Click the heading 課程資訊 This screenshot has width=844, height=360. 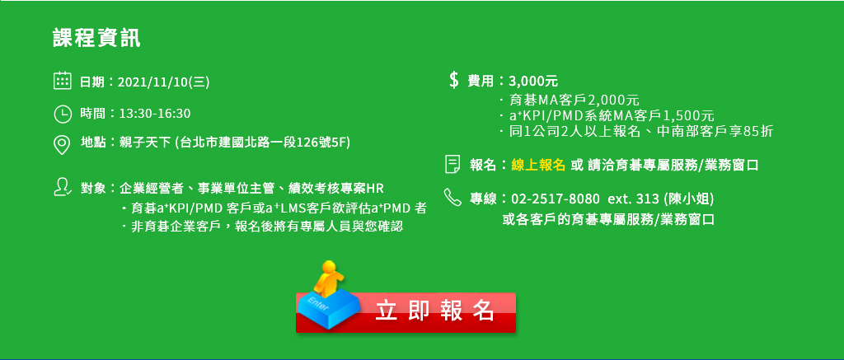[x=97, y=39]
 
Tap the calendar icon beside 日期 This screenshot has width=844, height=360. [x=63, y=81]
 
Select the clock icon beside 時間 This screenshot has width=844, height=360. [x=63, y=114]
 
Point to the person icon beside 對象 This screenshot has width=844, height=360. [x=63, y=187]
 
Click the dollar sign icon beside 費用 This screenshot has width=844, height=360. [x=454, y=80]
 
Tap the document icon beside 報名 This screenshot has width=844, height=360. [x=452, y=164]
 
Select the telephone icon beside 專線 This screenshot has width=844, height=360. [x=453, y=197]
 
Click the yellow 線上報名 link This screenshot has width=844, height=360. [x=537, y=166]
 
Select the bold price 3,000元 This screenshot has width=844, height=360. [x=533, y=82]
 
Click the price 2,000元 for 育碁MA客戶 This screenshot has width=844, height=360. [x=613, y=100]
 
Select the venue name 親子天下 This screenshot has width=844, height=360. [x=142, y=143]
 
